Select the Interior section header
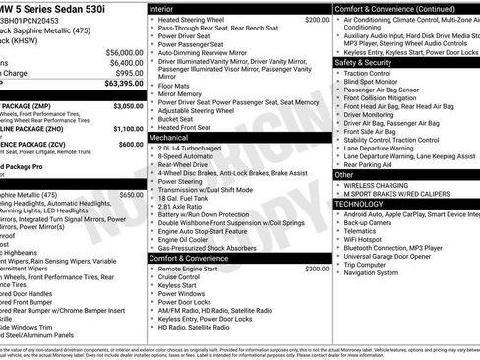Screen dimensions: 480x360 tap(163, 8)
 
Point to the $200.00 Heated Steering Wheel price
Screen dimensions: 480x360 tap(317, 19)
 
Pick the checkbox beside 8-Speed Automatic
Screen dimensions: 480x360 tap(151, 155)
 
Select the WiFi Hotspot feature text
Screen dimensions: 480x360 tap(369, 237)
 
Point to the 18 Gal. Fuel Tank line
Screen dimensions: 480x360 tap(186, 199)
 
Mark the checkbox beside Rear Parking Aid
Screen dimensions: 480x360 tap(338, 164)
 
